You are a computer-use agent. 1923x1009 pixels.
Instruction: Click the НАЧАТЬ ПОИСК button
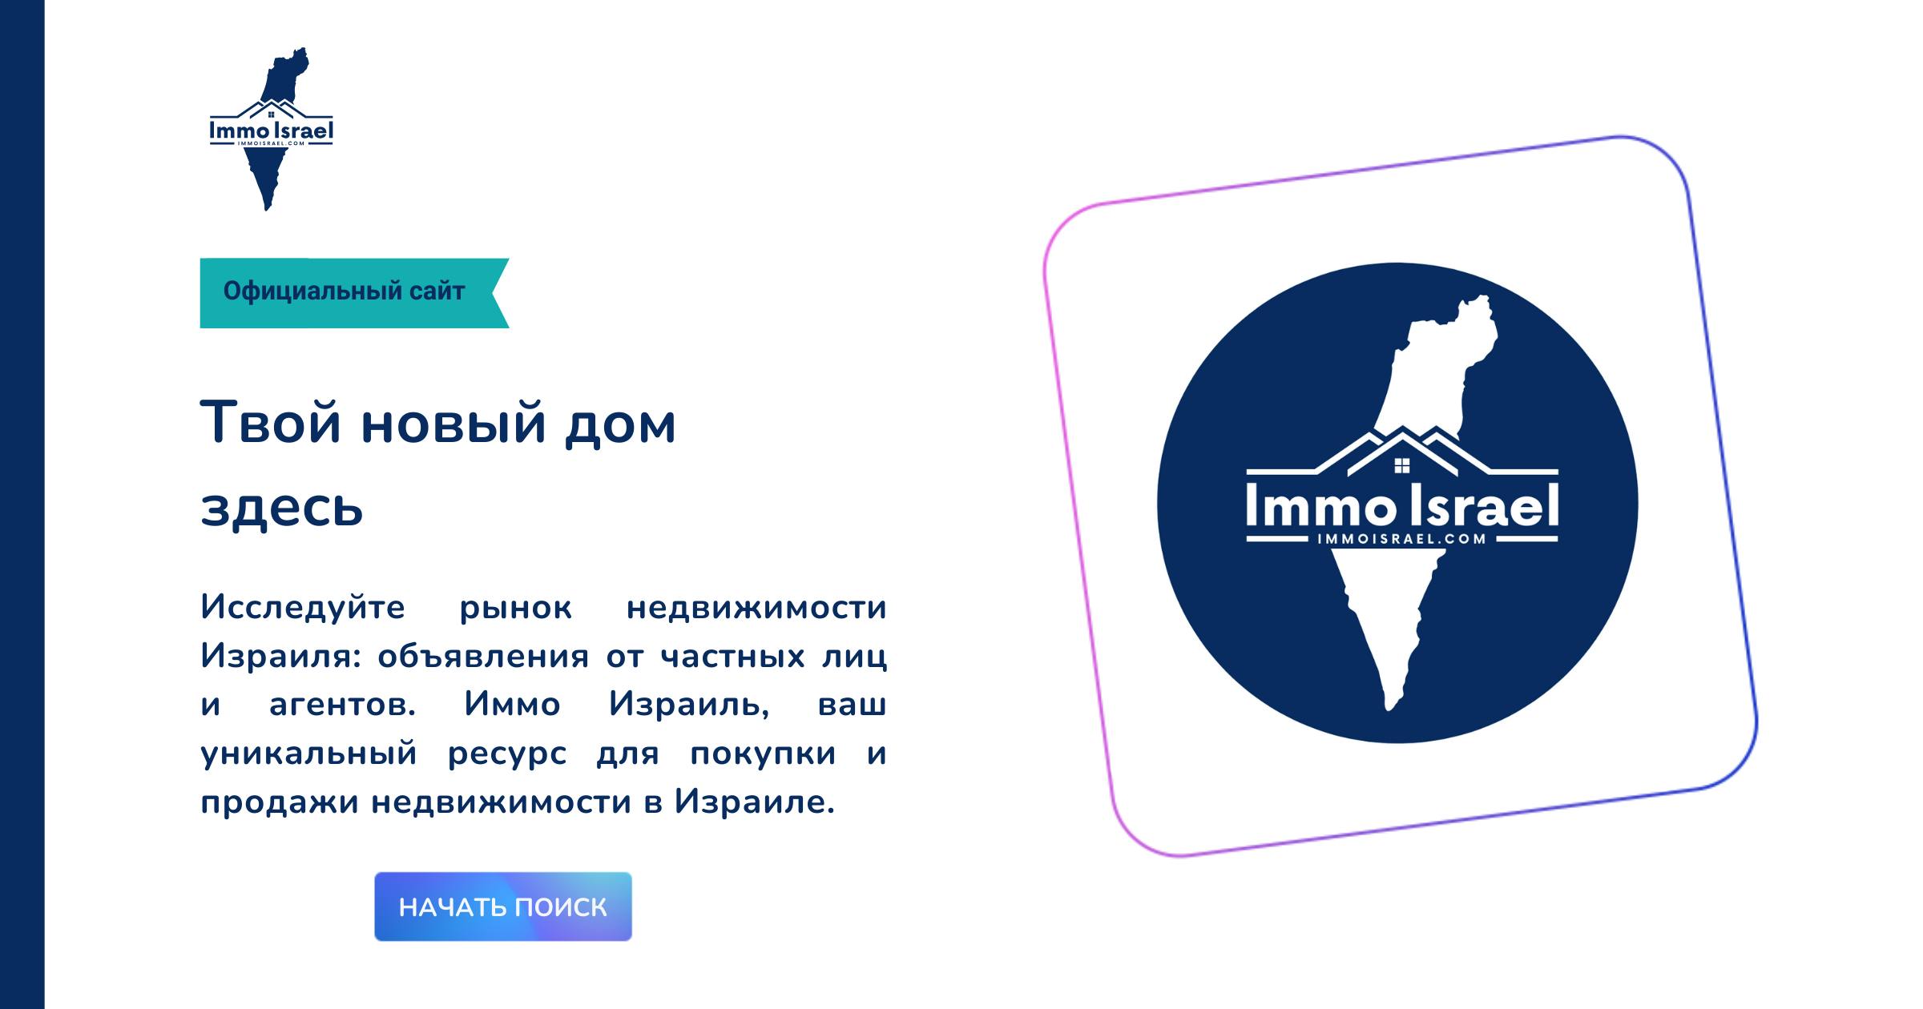pyautogui.click(x=502, y=906)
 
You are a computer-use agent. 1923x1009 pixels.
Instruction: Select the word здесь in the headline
pyautogui.click(x=282, y=508)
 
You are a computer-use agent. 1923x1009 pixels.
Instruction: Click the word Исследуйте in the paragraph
pyautogui.click(x=303, y=607)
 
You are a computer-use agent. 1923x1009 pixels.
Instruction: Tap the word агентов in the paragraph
pyautogui.click(x=342, y=705)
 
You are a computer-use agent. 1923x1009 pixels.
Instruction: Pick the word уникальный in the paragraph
pyautogui.click(x=309, y=754)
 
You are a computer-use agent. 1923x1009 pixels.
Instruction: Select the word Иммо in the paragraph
pyautogui.click(x=512, y=705)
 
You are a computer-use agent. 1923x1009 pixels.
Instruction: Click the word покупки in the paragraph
pyautogui.click(x=763, y=754)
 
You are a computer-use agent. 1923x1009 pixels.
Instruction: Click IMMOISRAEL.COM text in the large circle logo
pyautogui.click(x=1401, y=539)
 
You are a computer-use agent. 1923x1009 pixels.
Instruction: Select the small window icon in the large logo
pyautogui.click(x=1401, y=466)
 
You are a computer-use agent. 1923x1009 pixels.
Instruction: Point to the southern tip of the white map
pyautogui.click(x=1391, y=706)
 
